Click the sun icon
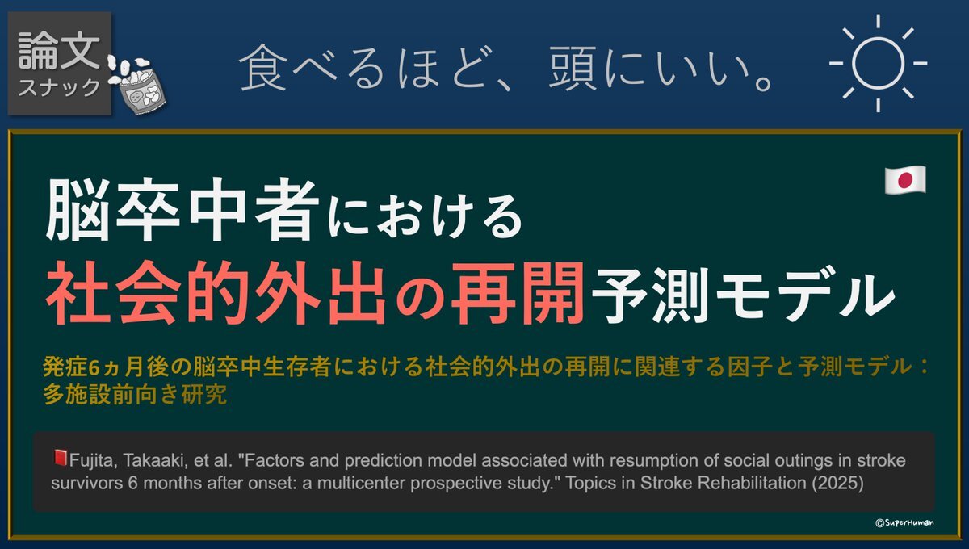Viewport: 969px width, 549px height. [878, 63]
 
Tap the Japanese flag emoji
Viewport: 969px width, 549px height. [905, 179]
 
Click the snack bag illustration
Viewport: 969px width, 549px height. [137, 86]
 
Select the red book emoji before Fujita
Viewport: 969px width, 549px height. [60, 458]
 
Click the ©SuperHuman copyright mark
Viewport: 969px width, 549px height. [905, 522]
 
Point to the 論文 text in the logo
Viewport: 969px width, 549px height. [59, 51]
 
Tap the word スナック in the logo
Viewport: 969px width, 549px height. [59, 88]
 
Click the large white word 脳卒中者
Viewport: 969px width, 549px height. [182, 209]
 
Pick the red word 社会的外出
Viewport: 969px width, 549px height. [216, 292]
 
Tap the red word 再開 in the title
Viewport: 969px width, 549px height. [518, 292]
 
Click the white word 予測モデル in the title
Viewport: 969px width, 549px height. [743, 294]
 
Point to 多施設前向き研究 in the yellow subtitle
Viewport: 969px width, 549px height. [135, 395]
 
